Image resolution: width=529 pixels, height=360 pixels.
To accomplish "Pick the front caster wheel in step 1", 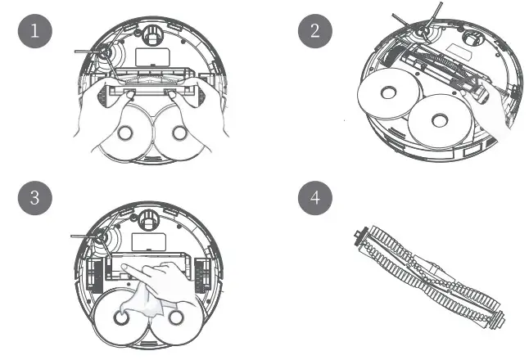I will point(150,35).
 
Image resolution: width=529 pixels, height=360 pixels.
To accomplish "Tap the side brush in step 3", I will point(103,240).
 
